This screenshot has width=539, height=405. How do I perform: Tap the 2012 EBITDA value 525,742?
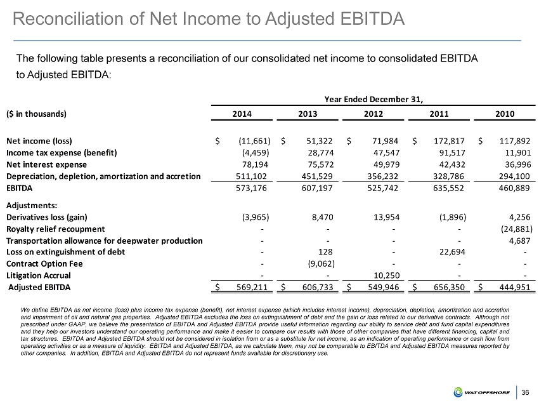pos(386,189)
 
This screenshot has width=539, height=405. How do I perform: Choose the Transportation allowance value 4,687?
pos(519,239)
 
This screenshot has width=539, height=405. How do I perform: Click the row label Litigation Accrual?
pos(39,276)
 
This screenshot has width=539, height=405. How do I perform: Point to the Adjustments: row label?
pos(32,205)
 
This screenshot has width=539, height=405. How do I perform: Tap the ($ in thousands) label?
pos(36,114)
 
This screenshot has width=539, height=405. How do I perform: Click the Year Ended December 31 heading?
pos(373,98)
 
